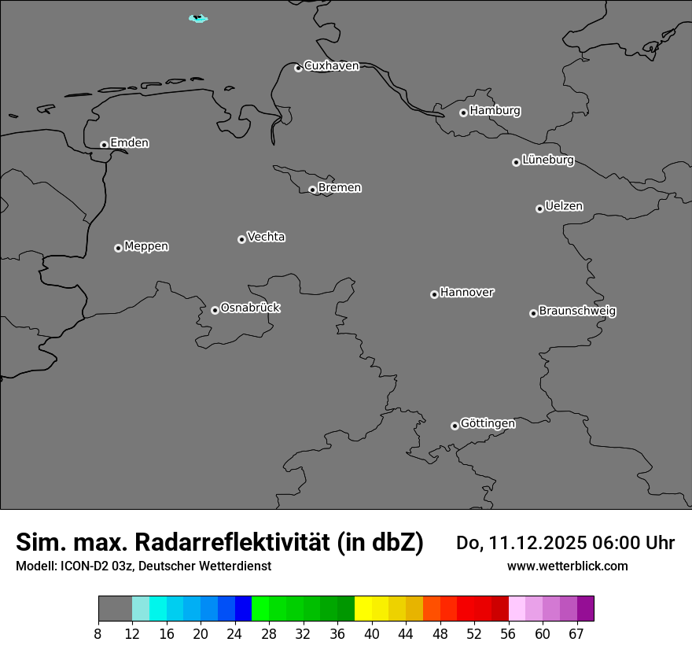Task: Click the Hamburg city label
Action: (495, 111)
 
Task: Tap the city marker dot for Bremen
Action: (312, 190)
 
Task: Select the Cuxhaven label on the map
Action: (331, 66)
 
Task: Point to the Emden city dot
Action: (104, 145)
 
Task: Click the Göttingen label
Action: (488, 423)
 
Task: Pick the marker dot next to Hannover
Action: (434, 294)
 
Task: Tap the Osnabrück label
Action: (250, 308)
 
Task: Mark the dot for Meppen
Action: (118, 248)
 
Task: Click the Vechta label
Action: (266, 237)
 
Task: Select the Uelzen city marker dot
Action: (539, 208)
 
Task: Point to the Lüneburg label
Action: (547, 160)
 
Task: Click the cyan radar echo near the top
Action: (198, 18)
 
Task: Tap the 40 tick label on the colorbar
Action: (372, 634)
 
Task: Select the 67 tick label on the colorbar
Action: (576, 634)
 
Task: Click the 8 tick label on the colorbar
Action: (98, 634)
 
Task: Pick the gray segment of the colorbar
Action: (115, 609)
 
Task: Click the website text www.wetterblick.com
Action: (567, 566)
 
